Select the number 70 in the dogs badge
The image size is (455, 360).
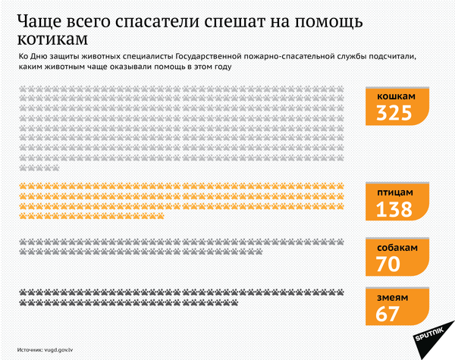coord(389,264)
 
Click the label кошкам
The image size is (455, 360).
coord(397,97)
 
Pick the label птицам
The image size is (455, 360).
coord(395,194)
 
